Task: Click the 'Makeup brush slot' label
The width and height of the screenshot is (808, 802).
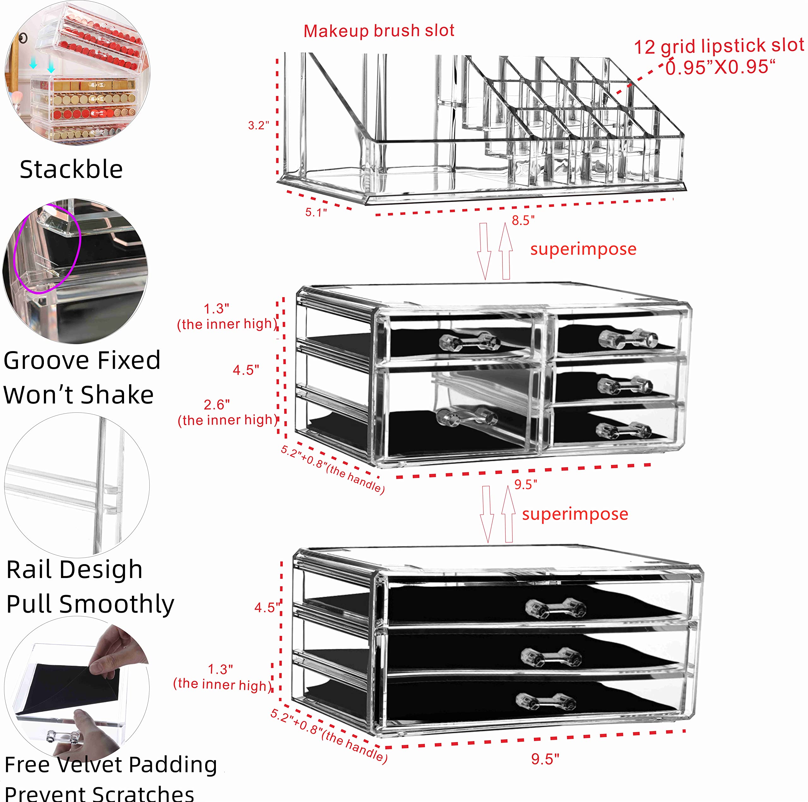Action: tap(378, 31)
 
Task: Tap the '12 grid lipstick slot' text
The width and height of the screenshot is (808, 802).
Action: tap(718, 46)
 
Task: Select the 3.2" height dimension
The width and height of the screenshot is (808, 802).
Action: tap(258, 126)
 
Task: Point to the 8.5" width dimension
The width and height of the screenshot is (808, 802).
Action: tap(523, 220)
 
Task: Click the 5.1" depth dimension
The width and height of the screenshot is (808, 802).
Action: tap(316, 212)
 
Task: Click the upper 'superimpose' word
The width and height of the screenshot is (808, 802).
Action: tap(583, 249)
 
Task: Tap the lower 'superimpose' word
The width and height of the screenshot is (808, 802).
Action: tap(575, 514)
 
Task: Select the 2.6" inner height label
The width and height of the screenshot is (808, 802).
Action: tap(217, 405)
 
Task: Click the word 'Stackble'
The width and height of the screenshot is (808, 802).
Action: tap(71, 169)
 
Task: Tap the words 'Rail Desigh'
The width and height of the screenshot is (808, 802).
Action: tap(74, 569)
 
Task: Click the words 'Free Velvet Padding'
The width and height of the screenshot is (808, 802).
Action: tap(111, 765)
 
